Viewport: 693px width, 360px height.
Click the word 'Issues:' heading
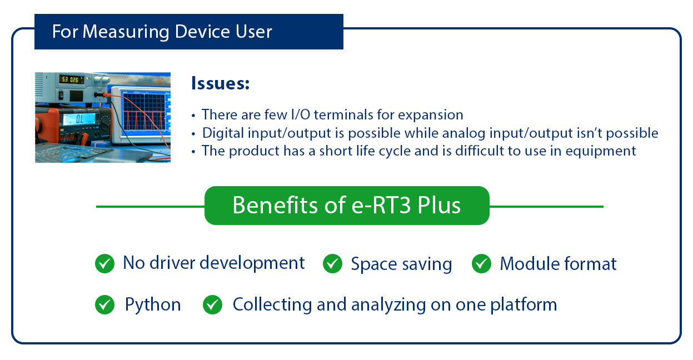220,84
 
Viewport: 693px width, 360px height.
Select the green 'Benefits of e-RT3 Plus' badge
347,206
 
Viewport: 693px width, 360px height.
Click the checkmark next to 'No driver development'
104,264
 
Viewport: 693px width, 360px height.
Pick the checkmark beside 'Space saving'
332,264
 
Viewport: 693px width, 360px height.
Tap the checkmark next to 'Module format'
481,264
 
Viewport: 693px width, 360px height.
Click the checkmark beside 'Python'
104,304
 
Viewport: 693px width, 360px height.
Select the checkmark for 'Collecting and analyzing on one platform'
212,304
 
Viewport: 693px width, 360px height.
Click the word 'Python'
153,305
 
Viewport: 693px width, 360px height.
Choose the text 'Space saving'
401,264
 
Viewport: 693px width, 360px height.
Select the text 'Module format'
558,264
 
